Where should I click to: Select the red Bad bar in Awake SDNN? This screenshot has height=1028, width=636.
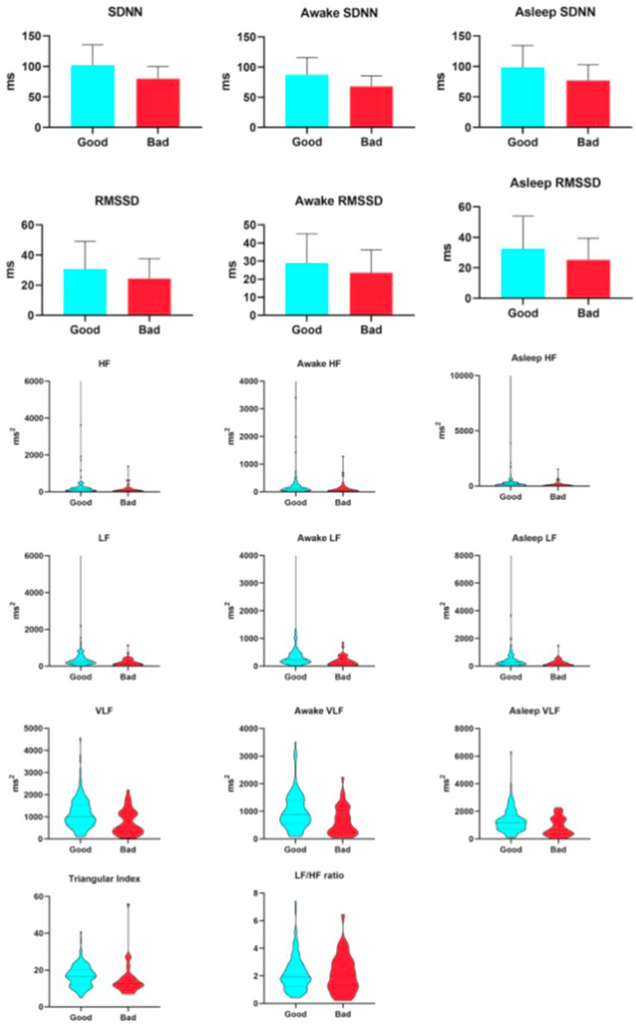371,107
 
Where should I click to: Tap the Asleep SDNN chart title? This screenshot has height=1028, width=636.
555,12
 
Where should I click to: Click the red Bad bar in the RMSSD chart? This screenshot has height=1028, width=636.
149,296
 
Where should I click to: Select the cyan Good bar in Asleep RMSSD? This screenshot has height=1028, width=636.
522,273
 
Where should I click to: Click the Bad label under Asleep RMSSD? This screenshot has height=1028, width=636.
588,313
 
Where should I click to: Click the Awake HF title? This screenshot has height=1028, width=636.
319,364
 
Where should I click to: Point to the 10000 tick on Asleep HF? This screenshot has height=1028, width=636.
463,376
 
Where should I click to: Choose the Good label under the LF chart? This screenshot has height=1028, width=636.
80,676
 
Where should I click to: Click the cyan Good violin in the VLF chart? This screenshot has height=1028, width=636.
80,816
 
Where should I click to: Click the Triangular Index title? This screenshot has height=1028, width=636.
104,878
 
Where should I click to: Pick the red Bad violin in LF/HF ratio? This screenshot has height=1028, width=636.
343,972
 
